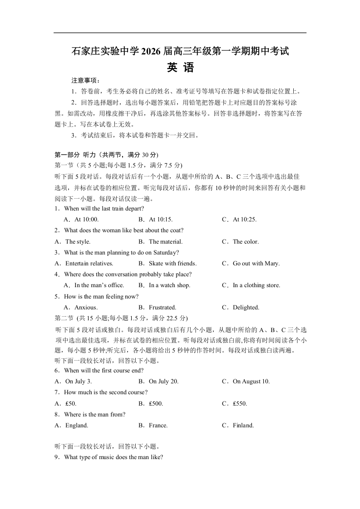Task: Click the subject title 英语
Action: click(180, 68)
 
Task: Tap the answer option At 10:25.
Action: click(245, 220)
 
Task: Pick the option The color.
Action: click(246, 242)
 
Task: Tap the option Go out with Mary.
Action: click(256, 264)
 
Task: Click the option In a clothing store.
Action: click(256, 285)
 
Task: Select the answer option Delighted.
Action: click(246, 308)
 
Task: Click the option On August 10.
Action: click(251, 382)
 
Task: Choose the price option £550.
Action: click(240, 403)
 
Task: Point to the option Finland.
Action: click(243, 426)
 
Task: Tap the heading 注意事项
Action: click(82, 80)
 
